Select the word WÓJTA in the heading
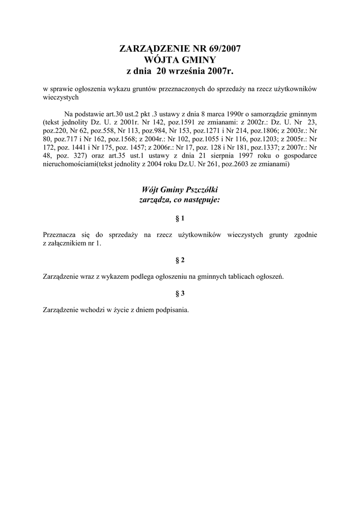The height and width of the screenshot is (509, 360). (x=159, y=60)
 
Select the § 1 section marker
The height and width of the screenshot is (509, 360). (x=180, y=218)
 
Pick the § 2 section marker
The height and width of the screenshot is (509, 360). (x=180, y=260)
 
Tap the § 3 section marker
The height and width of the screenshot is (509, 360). (x=180, y=293)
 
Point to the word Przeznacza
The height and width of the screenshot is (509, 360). (x=60, y=235)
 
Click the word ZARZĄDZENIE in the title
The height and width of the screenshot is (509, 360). (x=153, y=49)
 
